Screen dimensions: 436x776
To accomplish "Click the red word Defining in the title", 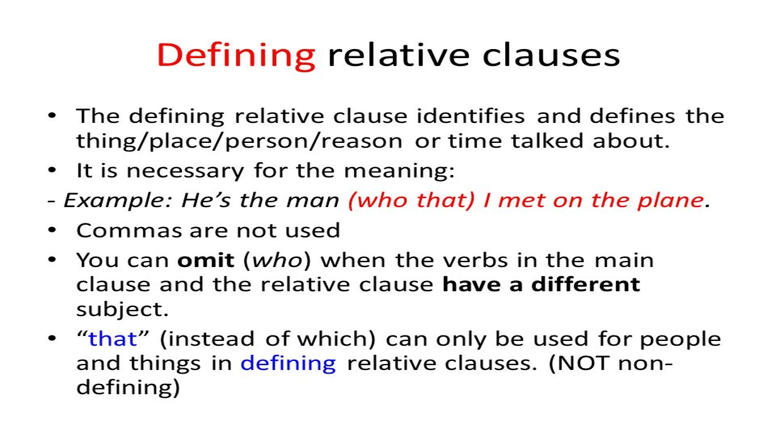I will [x=236, y=56].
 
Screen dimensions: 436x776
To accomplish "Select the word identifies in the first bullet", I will [x=470, y=116].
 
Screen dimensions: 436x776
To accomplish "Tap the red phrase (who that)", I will [x=412, y=200].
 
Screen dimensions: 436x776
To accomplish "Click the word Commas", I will [x=129, y=230].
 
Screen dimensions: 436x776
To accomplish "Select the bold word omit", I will [x=206, y=260].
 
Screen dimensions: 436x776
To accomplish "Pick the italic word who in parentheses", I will [x=277, y=260].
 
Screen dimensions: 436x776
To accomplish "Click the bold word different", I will [x=586, y=285].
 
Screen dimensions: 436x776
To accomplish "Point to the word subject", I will [x=122, y=309].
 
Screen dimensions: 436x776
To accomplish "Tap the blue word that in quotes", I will [x=113, y=339].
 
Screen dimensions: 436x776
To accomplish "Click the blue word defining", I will [x=288, y=363].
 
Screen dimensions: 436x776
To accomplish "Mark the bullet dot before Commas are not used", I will [x=53, y=230].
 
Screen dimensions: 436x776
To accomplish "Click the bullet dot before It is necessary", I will [x=53, y=171].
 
